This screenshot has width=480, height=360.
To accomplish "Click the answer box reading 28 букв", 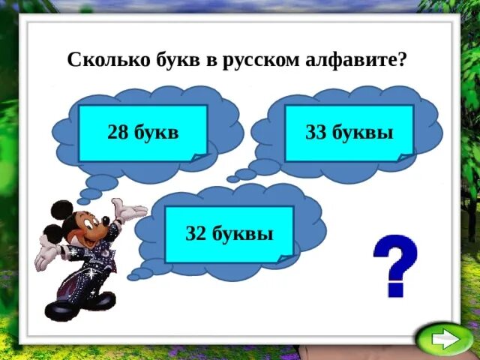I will click(142, 133).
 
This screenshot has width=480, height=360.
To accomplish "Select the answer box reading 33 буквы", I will click(349, 133).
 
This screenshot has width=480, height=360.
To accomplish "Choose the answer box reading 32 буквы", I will click(229, 233).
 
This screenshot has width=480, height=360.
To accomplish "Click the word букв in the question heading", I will click(175, 60).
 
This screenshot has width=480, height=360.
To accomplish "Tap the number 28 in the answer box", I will click(118, 133).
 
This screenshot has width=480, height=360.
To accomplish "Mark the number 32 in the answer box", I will click(196, 234).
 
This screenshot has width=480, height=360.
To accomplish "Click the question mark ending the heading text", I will click(403, 60).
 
